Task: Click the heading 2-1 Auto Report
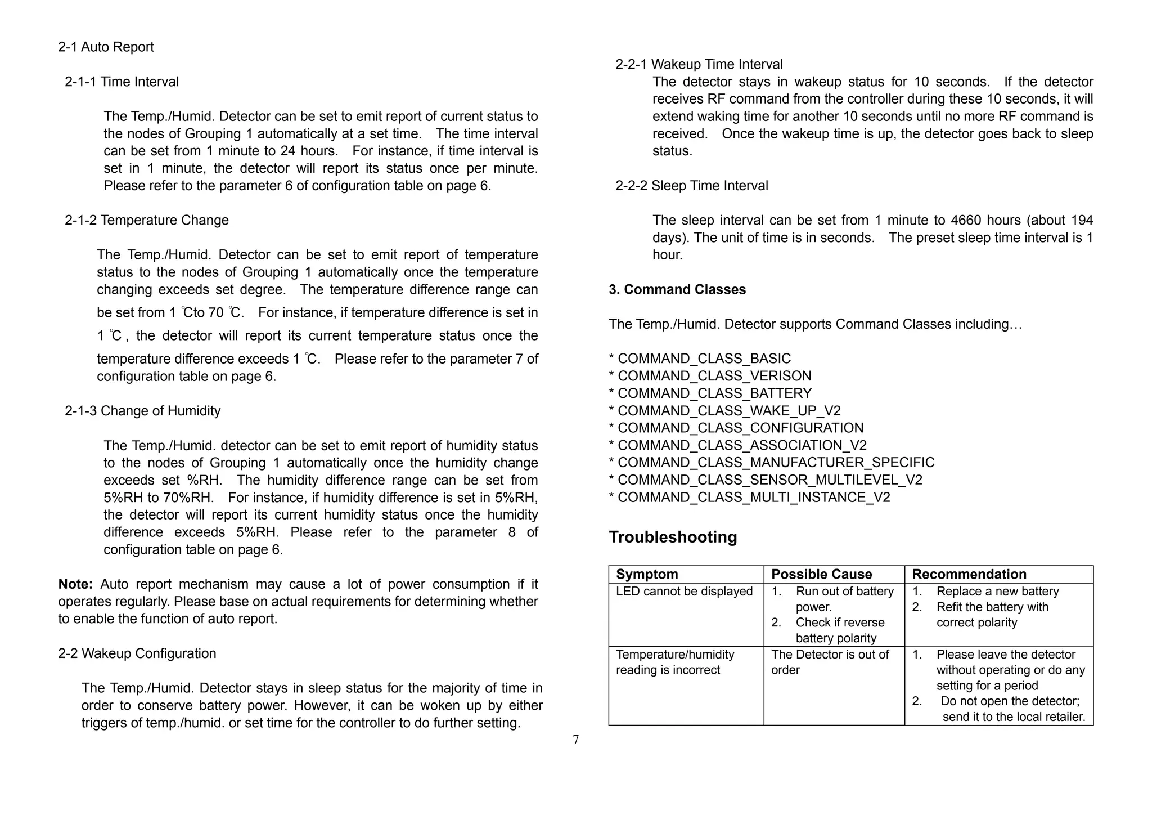click(x=106, y=47)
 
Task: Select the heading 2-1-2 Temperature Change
click(x=147, y=220)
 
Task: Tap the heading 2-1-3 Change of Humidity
click(x=143, y=411)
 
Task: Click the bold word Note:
click(x=75, y=584)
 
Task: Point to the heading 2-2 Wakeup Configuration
click(x=137, y=653)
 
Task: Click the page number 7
click(x=575, y=740)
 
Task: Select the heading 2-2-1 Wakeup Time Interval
click(x=699, y=64)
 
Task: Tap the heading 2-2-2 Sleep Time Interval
click(x=691, y=186)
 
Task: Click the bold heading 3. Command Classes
click(x=677, y=289)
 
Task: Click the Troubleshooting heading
click(x=673, y=537)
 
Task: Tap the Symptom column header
click(x=647, y=574)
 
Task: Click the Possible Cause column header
click(x=821, y=574)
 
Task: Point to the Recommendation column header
click(x=969, y=574)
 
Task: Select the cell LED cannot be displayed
click(x=684, y=592)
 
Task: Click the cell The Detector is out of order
click(x=830, y=662)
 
